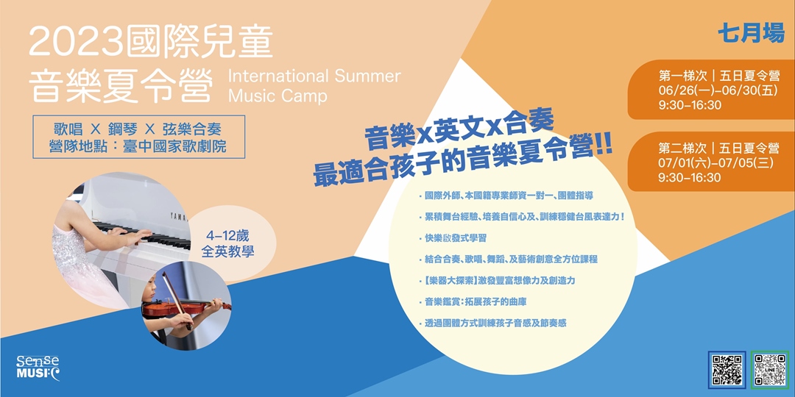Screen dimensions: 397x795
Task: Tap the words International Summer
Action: pos(314,76)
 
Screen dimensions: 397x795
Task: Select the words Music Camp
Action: pos(278,96)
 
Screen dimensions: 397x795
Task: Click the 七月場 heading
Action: pos(751,33)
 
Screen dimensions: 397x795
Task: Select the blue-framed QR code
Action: pos(727,370)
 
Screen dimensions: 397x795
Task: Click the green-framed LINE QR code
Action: pos(770,370)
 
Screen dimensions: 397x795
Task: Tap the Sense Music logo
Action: pos(38,367)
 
